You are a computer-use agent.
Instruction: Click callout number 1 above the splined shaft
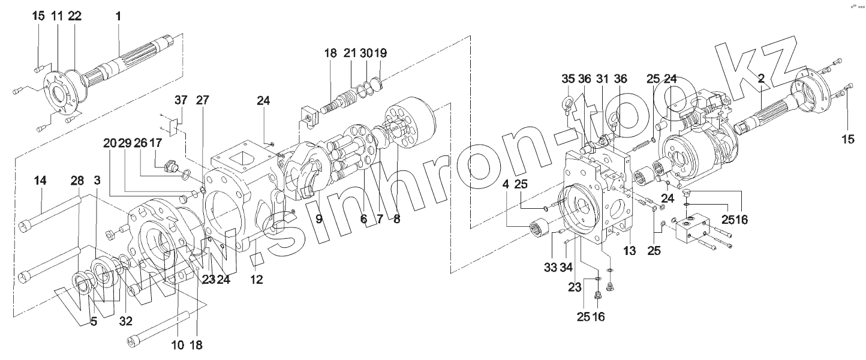[x=118, y=16]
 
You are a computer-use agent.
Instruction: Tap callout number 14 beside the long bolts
[x=40, y=181]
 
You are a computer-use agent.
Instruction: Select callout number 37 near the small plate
[x=181, y=100]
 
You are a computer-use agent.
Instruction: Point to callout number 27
[x=202, y=100]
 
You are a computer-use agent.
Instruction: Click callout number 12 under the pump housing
[x=257, y=279]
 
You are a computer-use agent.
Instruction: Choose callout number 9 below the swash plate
[x=318, y=219]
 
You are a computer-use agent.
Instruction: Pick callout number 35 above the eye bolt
[x=569, y=79]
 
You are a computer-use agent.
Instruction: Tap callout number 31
[x=602, y=79]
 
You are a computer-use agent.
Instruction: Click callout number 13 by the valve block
[x=629, y=251]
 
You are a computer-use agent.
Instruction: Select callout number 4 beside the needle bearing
[x=506, y=184]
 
